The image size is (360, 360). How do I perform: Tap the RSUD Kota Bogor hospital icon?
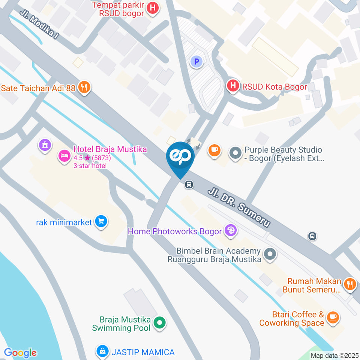click(x=233, y=86)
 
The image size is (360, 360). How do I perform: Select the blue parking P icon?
click(x=196, y=61)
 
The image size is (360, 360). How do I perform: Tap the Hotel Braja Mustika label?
click(x=110, y=149)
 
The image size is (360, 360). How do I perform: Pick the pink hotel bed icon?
click(x=63, y=156)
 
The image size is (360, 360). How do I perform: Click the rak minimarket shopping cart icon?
click(x=101, y=222)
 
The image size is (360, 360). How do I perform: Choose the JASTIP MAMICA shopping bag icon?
click(x=102, y=351)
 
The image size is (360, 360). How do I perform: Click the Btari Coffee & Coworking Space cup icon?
click(x=332, y=318)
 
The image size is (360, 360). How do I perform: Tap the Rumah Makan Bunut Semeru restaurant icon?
click(x=350, y=283)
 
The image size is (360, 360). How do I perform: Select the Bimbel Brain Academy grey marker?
click(x=270, y=255)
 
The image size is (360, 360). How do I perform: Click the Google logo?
click(x=20, y=353)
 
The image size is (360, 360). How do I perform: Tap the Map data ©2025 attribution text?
click(x=335, y=355)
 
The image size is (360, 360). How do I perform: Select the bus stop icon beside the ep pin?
click(x=189, y=184)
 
